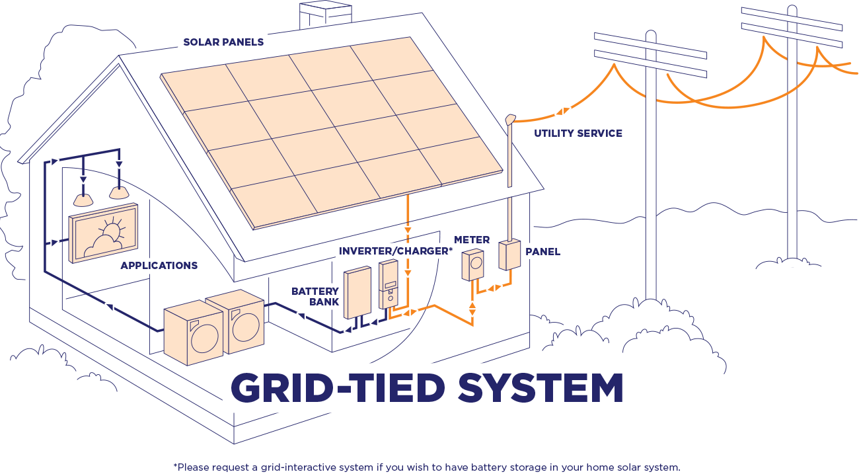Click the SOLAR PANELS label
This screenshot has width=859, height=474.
coord(223,42)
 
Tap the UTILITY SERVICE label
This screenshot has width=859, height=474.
coord(578,134)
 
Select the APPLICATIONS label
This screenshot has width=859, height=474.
coord(159,266)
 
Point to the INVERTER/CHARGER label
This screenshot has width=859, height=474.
coord(394,251)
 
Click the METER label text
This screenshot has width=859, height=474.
coord(472,239)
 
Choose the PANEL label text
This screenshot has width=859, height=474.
coord(542,252)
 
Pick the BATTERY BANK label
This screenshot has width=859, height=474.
coord(317,296)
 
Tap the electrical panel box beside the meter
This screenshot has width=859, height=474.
coord(509,255)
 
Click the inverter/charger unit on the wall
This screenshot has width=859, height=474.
coord(389,284)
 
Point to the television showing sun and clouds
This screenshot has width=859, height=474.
coord(104,233)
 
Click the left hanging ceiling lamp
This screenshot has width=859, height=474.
coord(83,198)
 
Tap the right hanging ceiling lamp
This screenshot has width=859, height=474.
coord(118,192)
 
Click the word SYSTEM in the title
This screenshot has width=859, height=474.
coord(540,388)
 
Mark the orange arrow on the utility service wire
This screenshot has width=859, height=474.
coord(563,111)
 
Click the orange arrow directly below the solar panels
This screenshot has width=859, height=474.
coord(408,230)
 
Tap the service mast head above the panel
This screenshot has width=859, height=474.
coord(509,120)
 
